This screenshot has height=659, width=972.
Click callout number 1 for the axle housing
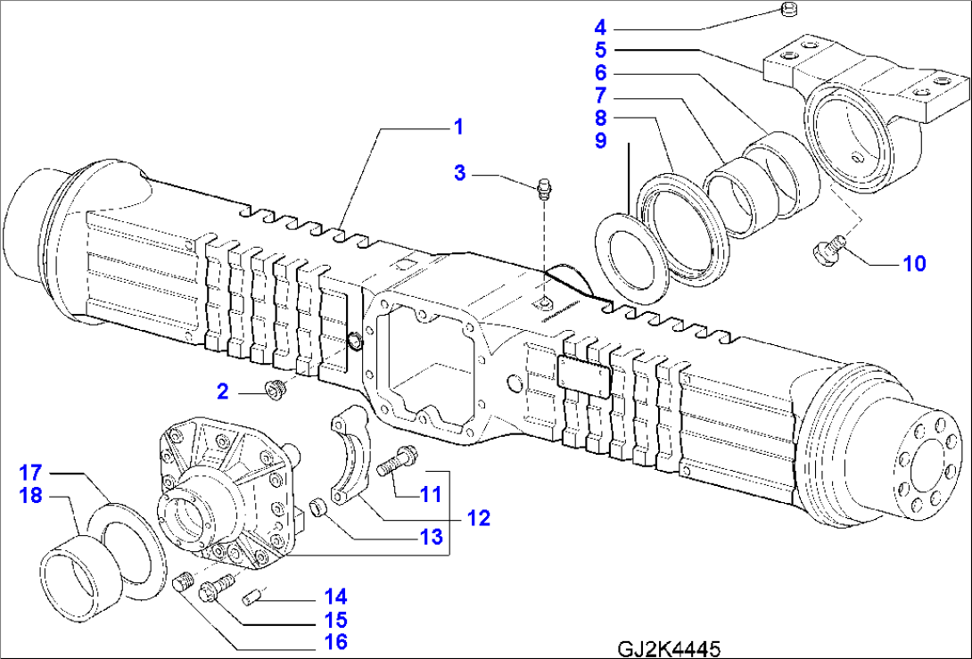(x=457, y=128)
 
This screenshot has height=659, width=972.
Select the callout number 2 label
(x=223, y=390)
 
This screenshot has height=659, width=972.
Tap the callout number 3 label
(x=460, y=173)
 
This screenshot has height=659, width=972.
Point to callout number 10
(x=914, y=263)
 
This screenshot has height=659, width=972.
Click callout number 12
(x=479, y=516)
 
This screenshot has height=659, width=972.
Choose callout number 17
(x=32, y=471)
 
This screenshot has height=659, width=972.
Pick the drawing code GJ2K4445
(x=667, y=647)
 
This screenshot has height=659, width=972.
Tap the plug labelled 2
(x=335, y=641)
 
